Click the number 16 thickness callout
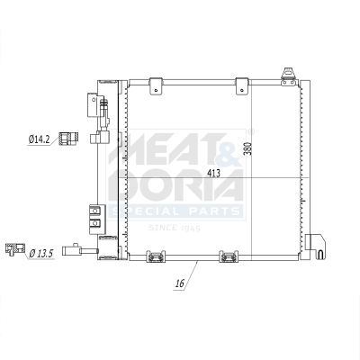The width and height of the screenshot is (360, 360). pos(179,284)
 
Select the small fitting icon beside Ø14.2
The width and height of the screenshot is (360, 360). pos(65,139)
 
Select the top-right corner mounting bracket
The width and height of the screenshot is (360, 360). pos(289,74)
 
